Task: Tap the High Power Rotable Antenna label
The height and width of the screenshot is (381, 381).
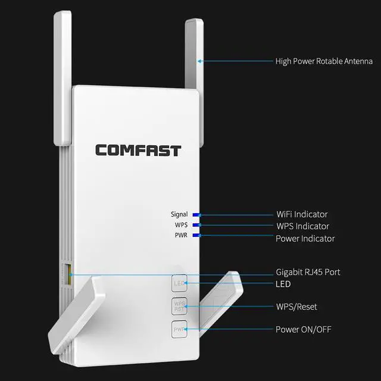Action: pyautogui.click(x=324, y=61)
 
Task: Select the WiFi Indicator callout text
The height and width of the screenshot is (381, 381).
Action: pyautogui.click(x=302, y=214)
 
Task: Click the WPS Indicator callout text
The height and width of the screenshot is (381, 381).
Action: pyautogui.click(x=302, y=226)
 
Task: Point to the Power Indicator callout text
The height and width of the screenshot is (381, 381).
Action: pyautogui.click(x=305, y=238)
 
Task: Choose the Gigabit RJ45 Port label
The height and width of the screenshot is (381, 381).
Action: pyautogui.click(x=308, y=272)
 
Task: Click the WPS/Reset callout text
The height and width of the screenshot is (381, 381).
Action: pyautogui.click(x=296, y=307)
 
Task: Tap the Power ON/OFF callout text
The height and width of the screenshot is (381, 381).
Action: pyautogui.click(x=304, y=329)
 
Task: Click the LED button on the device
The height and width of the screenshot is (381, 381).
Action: pyautogui.click(x=180, y=283)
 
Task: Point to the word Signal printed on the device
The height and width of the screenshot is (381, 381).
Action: pyautogui.click(x=179, y=214)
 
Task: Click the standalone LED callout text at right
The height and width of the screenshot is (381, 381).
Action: pyautogui.click(x=283, y=284)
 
